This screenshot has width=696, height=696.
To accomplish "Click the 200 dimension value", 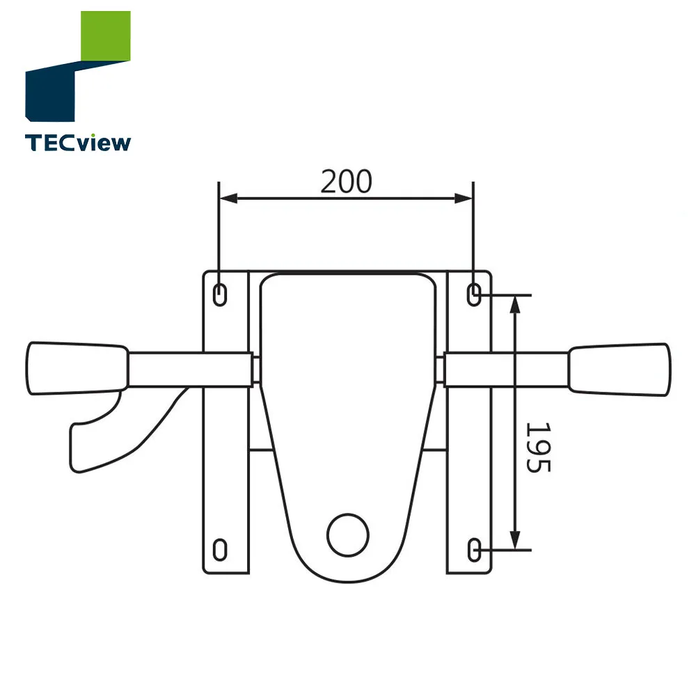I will click(x=346, y=182).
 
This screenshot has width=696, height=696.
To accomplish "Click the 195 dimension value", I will click(x=537, y=447).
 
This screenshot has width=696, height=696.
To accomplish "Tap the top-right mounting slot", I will click(x=474, y=294).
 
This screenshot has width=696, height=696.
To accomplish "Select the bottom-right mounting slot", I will click(x=474, y=550).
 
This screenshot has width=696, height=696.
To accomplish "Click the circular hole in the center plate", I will click(x=348, y=535).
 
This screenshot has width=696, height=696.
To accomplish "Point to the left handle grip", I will click(x=77, y=368).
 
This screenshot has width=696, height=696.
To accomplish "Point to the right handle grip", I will click(x=619, y=368).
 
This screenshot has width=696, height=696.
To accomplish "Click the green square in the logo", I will click(x=106, y=36).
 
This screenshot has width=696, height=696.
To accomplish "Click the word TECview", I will click(x=77, y=143).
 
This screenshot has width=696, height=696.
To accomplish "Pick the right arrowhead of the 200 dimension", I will click(x=466, y=199).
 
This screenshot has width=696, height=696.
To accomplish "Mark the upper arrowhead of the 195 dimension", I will click(x=515, y=303).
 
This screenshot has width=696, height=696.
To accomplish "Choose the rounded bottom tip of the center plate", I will click(x=346, y=576).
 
